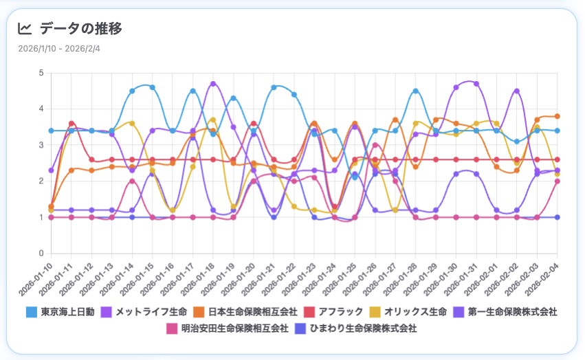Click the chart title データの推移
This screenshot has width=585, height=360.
tap(81, 29)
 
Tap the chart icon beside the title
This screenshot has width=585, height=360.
tap(25, 29)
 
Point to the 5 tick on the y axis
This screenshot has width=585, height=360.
tap(41, 73)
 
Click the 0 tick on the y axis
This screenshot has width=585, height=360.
tap(41, 254)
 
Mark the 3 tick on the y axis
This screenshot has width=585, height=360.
tap(41, 145)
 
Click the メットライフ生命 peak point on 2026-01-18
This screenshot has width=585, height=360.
tap(213, 84)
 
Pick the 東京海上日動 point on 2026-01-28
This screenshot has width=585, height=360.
tap(415, 91)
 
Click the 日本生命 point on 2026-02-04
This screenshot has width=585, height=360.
tap(557, 116)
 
